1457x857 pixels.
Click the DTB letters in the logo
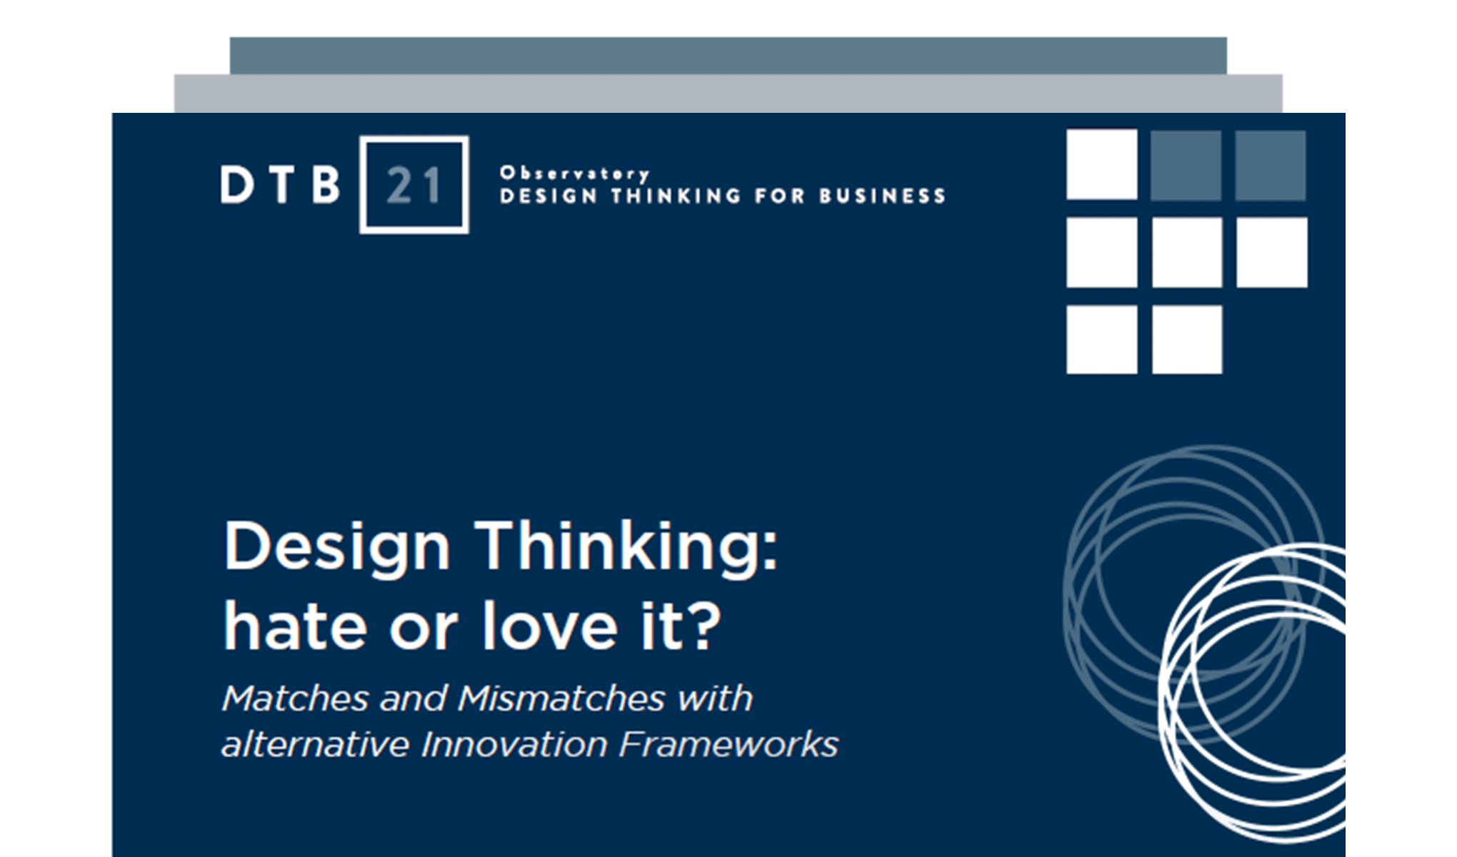point(280,185)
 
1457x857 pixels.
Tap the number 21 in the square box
point(414,186)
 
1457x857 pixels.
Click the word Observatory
point(575,174)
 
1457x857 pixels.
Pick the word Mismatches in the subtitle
point(561,698)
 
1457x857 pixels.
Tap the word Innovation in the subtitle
point(514,745)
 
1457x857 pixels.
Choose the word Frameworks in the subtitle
point(728,745)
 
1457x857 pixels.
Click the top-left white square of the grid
point(1101,164)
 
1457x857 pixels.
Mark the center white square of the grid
point(1186,252)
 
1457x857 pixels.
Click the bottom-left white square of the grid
point(1101,339)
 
